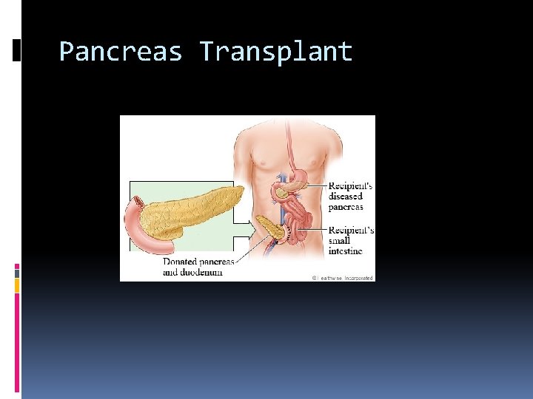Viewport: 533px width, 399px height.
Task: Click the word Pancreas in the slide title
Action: [121, 52]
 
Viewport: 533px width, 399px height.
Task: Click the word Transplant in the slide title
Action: [275, 52]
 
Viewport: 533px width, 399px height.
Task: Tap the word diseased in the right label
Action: [345, 197]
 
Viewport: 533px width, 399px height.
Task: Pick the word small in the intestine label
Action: [341, 241]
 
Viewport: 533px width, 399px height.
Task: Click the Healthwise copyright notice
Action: [343, 278]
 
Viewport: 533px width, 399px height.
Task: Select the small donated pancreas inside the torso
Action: [272, 230]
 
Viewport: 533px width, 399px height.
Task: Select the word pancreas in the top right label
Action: [346, 207]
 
